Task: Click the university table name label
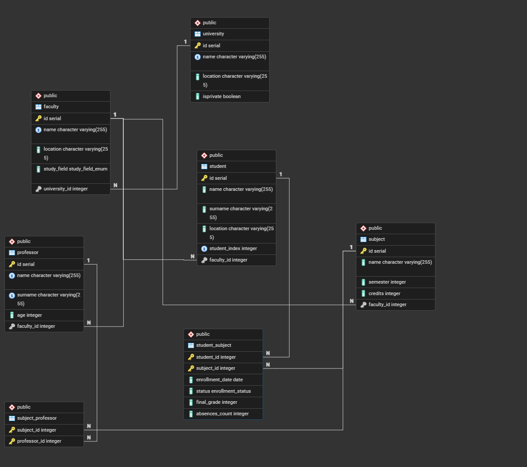click(x=213, y=34)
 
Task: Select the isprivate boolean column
click(x=221, y=96)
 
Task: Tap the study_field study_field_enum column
click(x=75, y=169)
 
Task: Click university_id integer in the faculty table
click(x=65, y=189)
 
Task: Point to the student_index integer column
click(x=233, y=248)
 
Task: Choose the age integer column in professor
click(x=29, y=315)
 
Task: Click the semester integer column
click(x=387, y=282)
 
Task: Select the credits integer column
click(x=384, y=293)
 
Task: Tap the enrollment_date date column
click(x=219, y=380)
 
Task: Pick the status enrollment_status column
click(x=223, y=391)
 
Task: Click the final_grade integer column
click(x=217, y=402)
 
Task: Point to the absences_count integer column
click(x=222, y=414)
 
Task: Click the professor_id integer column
click(x=39, y=441)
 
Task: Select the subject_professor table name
click(x=37, y=418)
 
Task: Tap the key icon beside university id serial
click(x=198, y=46)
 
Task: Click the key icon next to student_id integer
click(x=191, y=357)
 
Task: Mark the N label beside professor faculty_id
click(x=89, y=323)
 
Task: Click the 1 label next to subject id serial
click(x=351, y=247)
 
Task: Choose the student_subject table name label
click(x=214, y=345)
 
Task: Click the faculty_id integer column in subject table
click(x=387, y=304)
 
